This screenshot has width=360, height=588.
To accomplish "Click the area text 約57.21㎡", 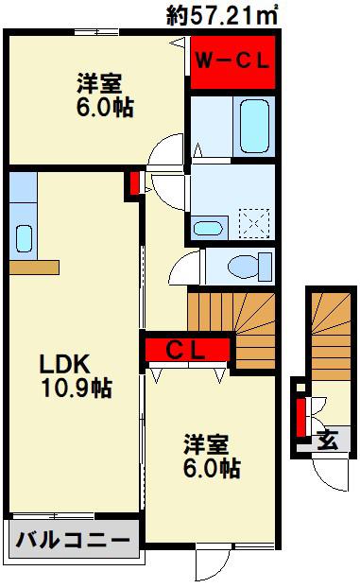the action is (222, 16).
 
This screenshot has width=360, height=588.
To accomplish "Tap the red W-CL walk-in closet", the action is (232, 62).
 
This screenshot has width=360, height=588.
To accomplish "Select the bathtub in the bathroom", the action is (254, 126).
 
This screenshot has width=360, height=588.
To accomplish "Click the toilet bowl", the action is (244, 267).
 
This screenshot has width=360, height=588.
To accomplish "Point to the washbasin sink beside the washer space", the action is (208, 229).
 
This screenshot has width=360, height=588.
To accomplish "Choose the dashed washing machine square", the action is (254, 224).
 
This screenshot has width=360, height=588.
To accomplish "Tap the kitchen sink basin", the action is (24, 239).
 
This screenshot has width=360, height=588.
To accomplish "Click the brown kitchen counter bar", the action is (34, 268).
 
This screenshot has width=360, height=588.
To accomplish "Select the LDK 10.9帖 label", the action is (77, 375).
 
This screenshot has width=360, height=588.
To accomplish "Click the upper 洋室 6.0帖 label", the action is (105, 95).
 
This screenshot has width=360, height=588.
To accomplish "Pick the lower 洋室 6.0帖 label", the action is (212, 457).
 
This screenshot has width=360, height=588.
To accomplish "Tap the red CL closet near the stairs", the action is (187, 350).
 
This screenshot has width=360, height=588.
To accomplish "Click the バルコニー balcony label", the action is (73, 540).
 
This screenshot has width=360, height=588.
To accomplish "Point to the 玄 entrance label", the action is (328, 440).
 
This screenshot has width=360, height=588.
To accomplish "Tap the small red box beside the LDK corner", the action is (134, 183).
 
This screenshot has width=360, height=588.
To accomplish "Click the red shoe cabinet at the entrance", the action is (300, 418).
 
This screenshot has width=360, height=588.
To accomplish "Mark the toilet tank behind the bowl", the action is (266, 267).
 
